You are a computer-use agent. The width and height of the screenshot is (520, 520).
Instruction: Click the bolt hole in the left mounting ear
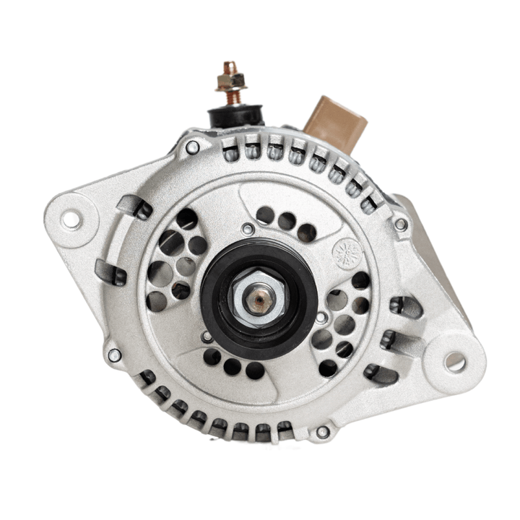pos(71,219)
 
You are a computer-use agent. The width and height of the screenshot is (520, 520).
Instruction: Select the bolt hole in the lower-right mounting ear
pos(454,361)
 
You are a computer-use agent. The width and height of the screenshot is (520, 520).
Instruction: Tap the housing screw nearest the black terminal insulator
pos(192,147)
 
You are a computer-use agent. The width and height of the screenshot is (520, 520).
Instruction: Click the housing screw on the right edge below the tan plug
pos(400,224)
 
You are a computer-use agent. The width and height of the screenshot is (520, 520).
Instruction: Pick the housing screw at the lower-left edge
pos(114,355)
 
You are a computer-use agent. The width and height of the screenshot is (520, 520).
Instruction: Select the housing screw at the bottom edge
pos(322,432)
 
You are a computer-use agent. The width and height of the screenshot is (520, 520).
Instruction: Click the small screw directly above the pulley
pos(248,229)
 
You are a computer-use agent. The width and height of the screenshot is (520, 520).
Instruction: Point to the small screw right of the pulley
pos(321,316)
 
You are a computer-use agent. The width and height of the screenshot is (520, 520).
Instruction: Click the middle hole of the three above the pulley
pos(286,221)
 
